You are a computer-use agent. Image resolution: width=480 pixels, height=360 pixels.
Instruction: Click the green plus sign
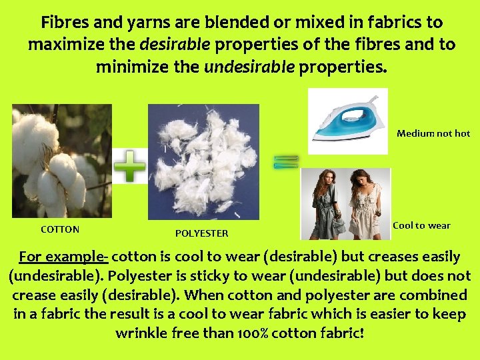(x=130, y=166)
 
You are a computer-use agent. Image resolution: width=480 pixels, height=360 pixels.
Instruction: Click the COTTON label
(x=60, y=229)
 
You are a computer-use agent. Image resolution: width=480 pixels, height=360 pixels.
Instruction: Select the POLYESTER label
(x=201, y=233)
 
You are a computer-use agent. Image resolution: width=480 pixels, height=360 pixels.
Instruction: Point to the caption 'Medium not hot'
(x=433, y=133)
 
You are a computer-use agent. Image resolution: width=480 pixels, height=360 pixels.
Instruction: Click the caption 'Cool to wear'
(x=421, y=225)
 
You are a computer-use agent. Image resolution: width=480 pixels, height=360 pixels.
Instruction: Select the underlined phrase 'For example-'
(x=65, y=257)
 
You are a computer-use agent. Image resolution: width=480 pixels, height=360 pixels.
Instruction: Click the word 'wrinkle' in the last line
(x=141, y=332)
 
